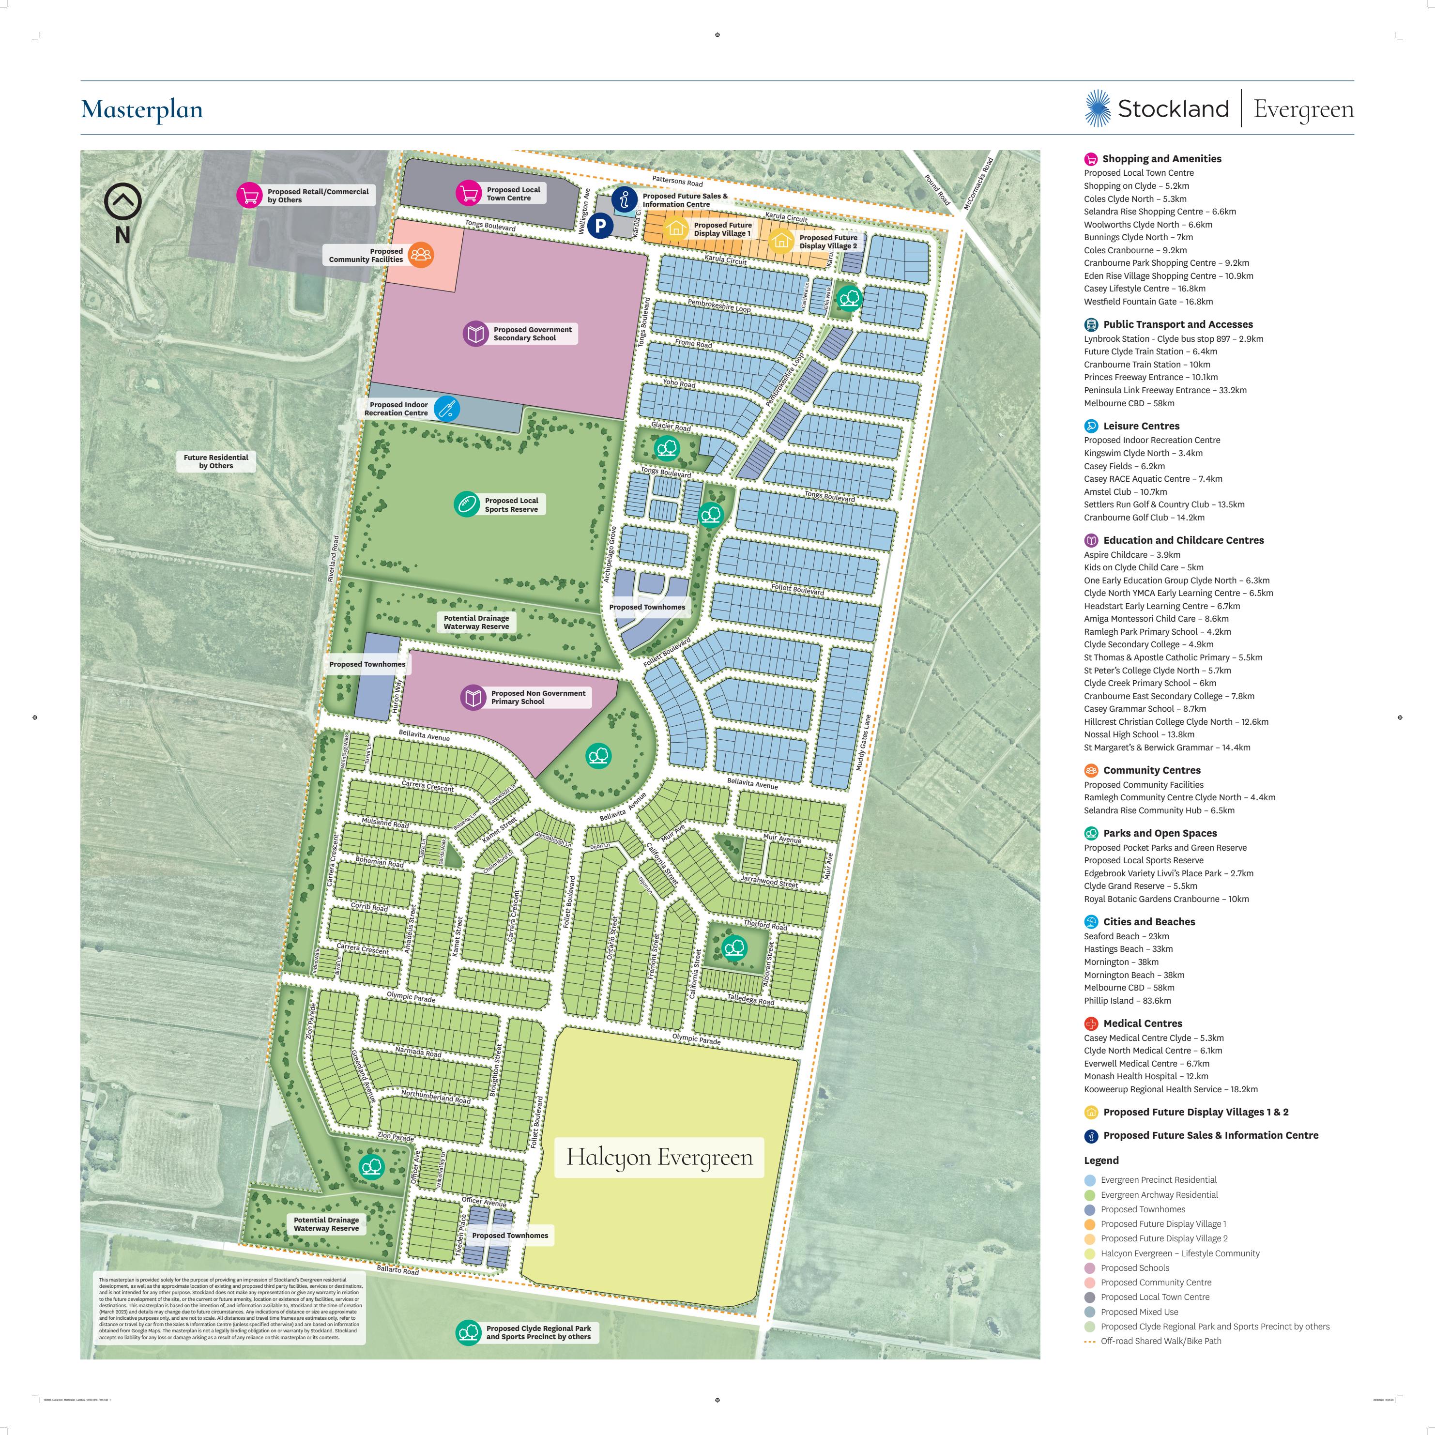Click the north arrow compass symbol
coord(122,202)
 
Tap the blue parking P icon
coord(600,226)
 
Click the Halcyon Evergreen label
coord(659,1157)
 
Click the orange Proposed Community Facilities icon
coord(420,255)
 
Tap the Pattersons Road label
coord(677,181)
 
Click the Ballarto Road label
coord(397,1269)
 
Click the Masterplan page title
coord(142,109)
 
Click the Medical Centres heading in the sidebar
coord(1143,1023)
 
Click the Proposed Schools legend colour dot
coord(1090,1268)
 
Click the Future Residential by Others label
coord(216,461)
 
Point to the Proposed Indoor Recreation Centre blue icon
coord(446,409)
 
